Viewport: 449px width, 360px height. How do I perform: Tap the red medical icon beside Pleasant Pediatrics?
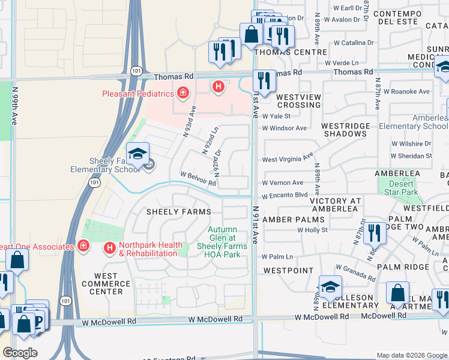[x=182, y=92]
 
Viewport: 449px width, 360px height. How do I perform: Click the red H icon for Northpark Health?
[x=109, y=247]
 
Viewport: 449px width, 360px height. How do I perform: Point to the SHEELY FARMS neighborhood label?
[x=179, y=212]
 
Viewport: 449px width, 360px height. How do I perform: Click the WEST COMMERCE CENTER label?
[x=101, y=284]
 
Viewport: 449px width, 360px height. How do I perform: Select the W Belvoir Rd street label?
[x=198, y=175]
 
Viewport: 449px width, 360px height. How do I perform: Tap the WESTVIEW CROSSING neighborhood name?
[x=298, y=101]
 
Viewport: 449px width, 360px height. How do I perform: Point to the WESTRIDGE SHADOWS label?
[x=344, y=130]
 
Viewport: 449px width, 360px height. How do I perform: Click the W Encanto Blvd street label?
[x=285, y=195]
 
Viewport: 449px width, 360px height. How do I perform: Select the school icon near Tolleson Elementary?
[x=330, y=287]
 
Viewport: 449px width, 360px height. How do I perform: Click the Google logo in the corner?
[x=20, y=353]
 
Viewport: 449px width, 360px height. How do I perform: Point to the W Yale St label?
[x=276, y=116]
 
